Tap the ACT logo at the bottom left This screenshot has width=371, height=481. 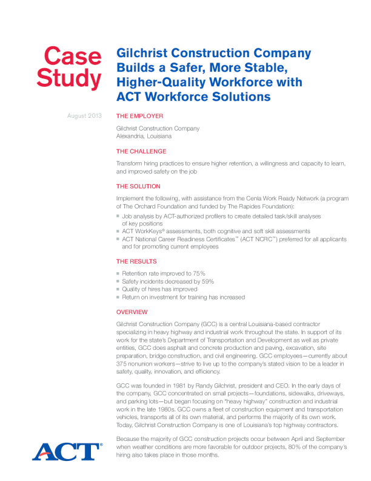pos(67,451)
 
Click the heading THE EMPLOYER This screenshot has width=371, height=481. pos(139,115)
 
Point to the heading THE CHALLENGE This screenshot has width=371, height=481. pos(141,151)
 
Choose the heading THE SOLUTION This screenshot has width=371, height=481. pos(138,186)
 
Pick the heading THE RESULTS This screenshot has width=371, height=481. pos(136,261)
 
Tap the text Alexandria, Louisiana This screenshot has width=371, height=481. pos(144,136)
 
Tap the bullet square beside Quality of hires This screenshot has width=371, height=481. pos(118,290)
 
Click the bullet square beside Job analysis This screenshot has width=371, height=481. pos(118,216)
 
